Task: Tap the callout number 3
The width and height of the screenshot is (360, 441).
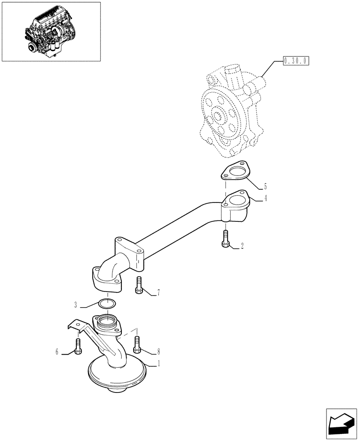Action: [76, 305]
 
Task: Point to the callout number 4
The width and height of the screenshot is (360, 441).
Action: [266, 199]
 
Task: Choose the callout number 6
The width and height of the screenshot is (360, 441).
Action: [57, 352]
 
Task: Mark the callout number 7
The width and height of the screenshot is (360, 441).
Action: [158, 293]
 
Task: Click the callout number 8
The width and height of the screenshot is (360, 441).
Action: [158, 352]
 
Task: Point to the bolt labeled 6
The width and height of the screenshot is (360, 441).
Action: [78, 347]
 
